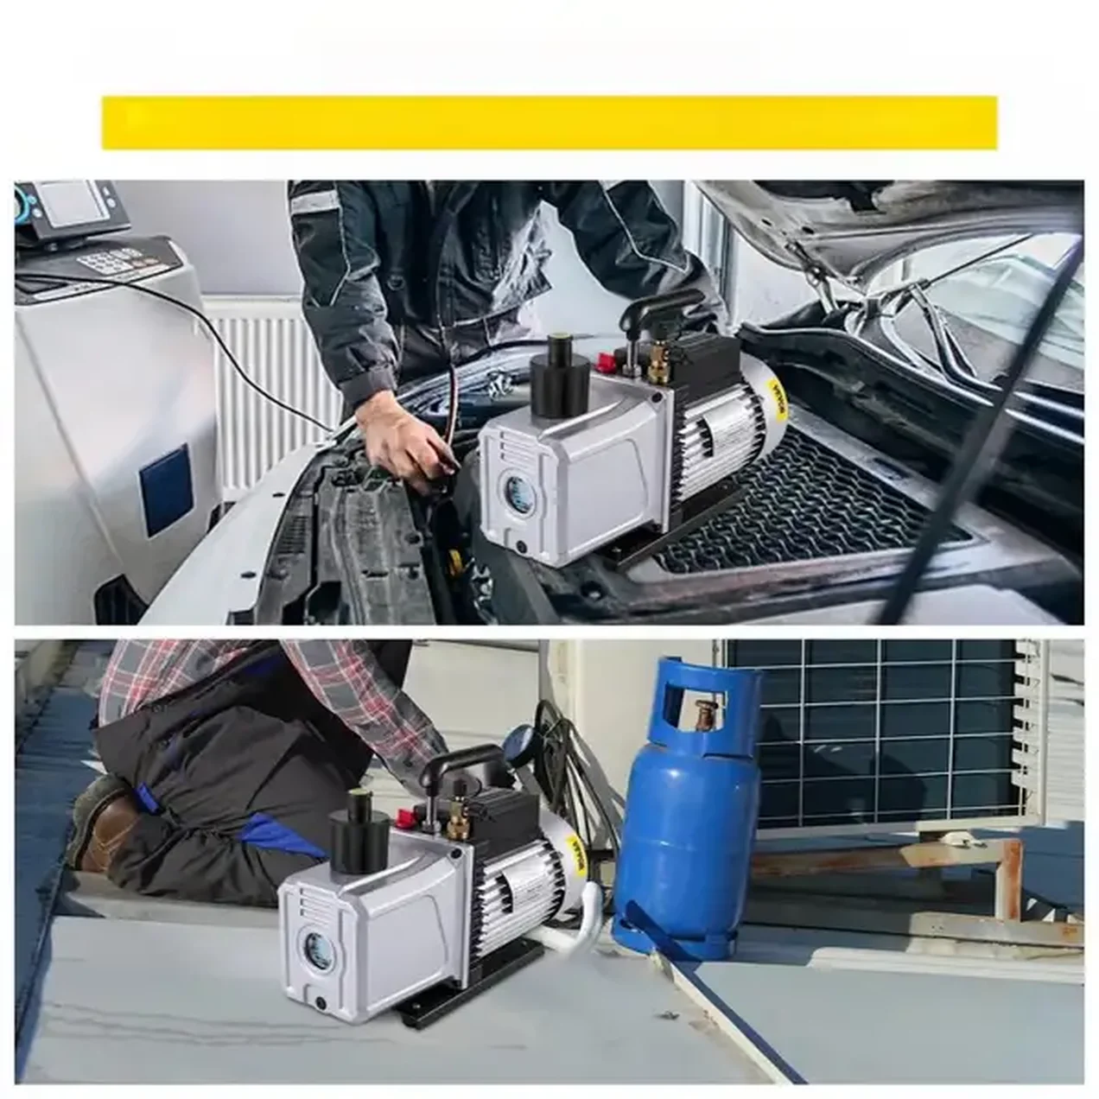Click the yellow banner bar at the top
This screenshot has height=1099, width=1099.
[549, 122]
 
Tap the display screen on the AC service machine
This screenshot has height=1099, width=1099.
[68, 200]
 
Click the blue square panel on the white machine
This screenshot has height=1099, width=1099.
[168, 491]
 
